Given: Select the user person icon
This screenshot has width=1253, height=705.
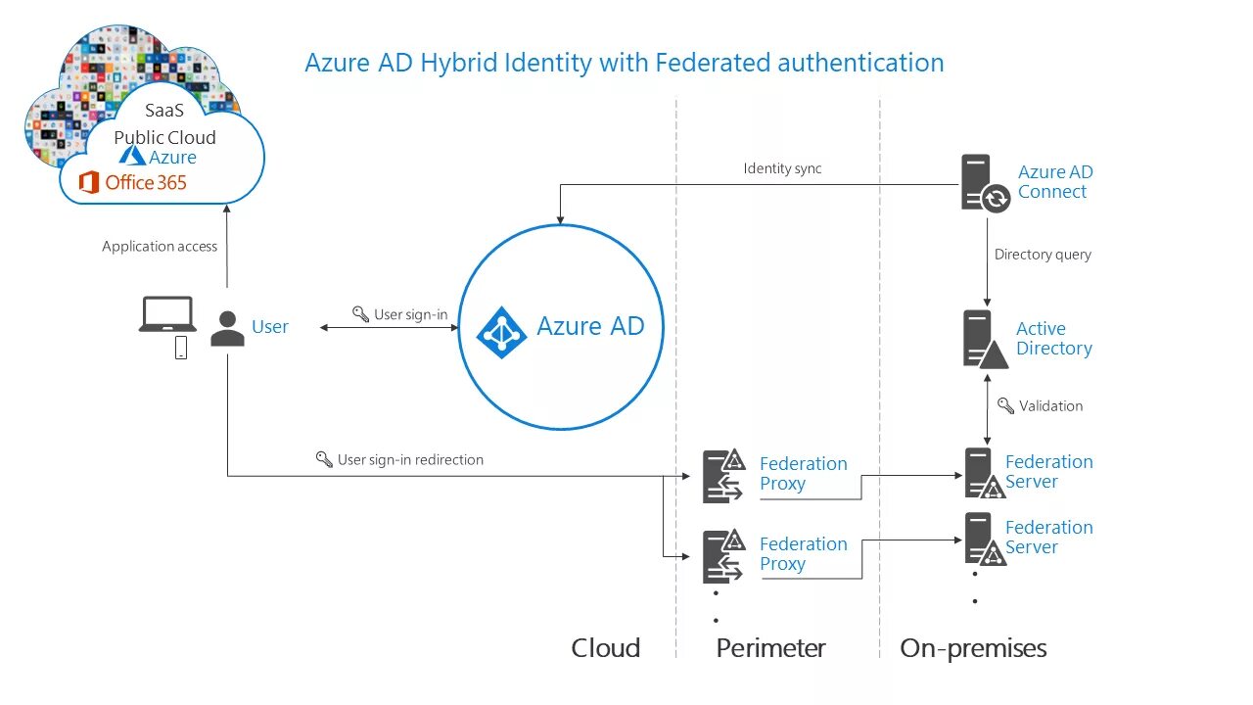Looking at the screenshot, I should pyautogui.click(x=227, y=328).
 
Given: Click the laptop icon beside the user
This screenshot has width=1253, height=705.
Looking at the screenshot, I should pyautogui.click(x=168, y=314).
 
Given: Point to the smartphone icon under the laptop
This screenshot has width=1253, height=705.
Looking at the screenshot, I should pyautogui.click(x=181, y=348).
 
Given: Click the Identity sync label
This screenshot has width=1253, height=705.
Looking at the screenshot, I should pyautogui.click(x=782, y=168).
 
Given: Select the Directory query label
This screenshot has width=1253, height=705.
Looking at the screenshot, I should pyautogui.click(x=1043, y=255).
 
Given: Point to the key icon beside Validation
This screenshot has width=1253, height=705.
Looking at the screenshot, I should pyautogui.click(x=1005, y=405).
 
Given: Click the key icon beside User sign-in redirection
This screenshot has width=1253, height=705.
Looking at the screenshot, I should pyautogui.click(x=324, y=459).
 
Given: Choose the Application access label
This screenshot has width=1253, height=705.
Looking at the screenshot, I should pyautogui.click(x=160, y=247).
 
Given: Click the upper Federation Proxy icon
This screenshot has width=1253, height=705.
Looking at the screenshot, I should pyautogui.click(x=723, y=476).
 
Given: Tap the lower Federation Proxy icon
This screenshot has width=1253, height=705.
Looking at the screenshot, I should pyautogui.click(x=723, y=556).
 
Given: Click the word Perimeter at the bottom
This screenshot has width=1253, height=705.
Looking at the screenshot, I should pyautogui.click(x=770, y=648).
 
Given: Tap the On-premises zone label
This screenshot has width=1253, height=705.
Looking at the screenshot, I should pyautogui.click(x=973, y=648).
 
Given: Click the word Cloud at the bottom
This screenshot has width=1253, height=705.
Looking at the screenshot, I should pyautogui.click(x=605, y=648).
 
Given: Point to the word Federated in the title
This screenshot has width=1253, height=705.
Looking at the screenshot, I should pyautogui.click(x=712, y=63).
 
